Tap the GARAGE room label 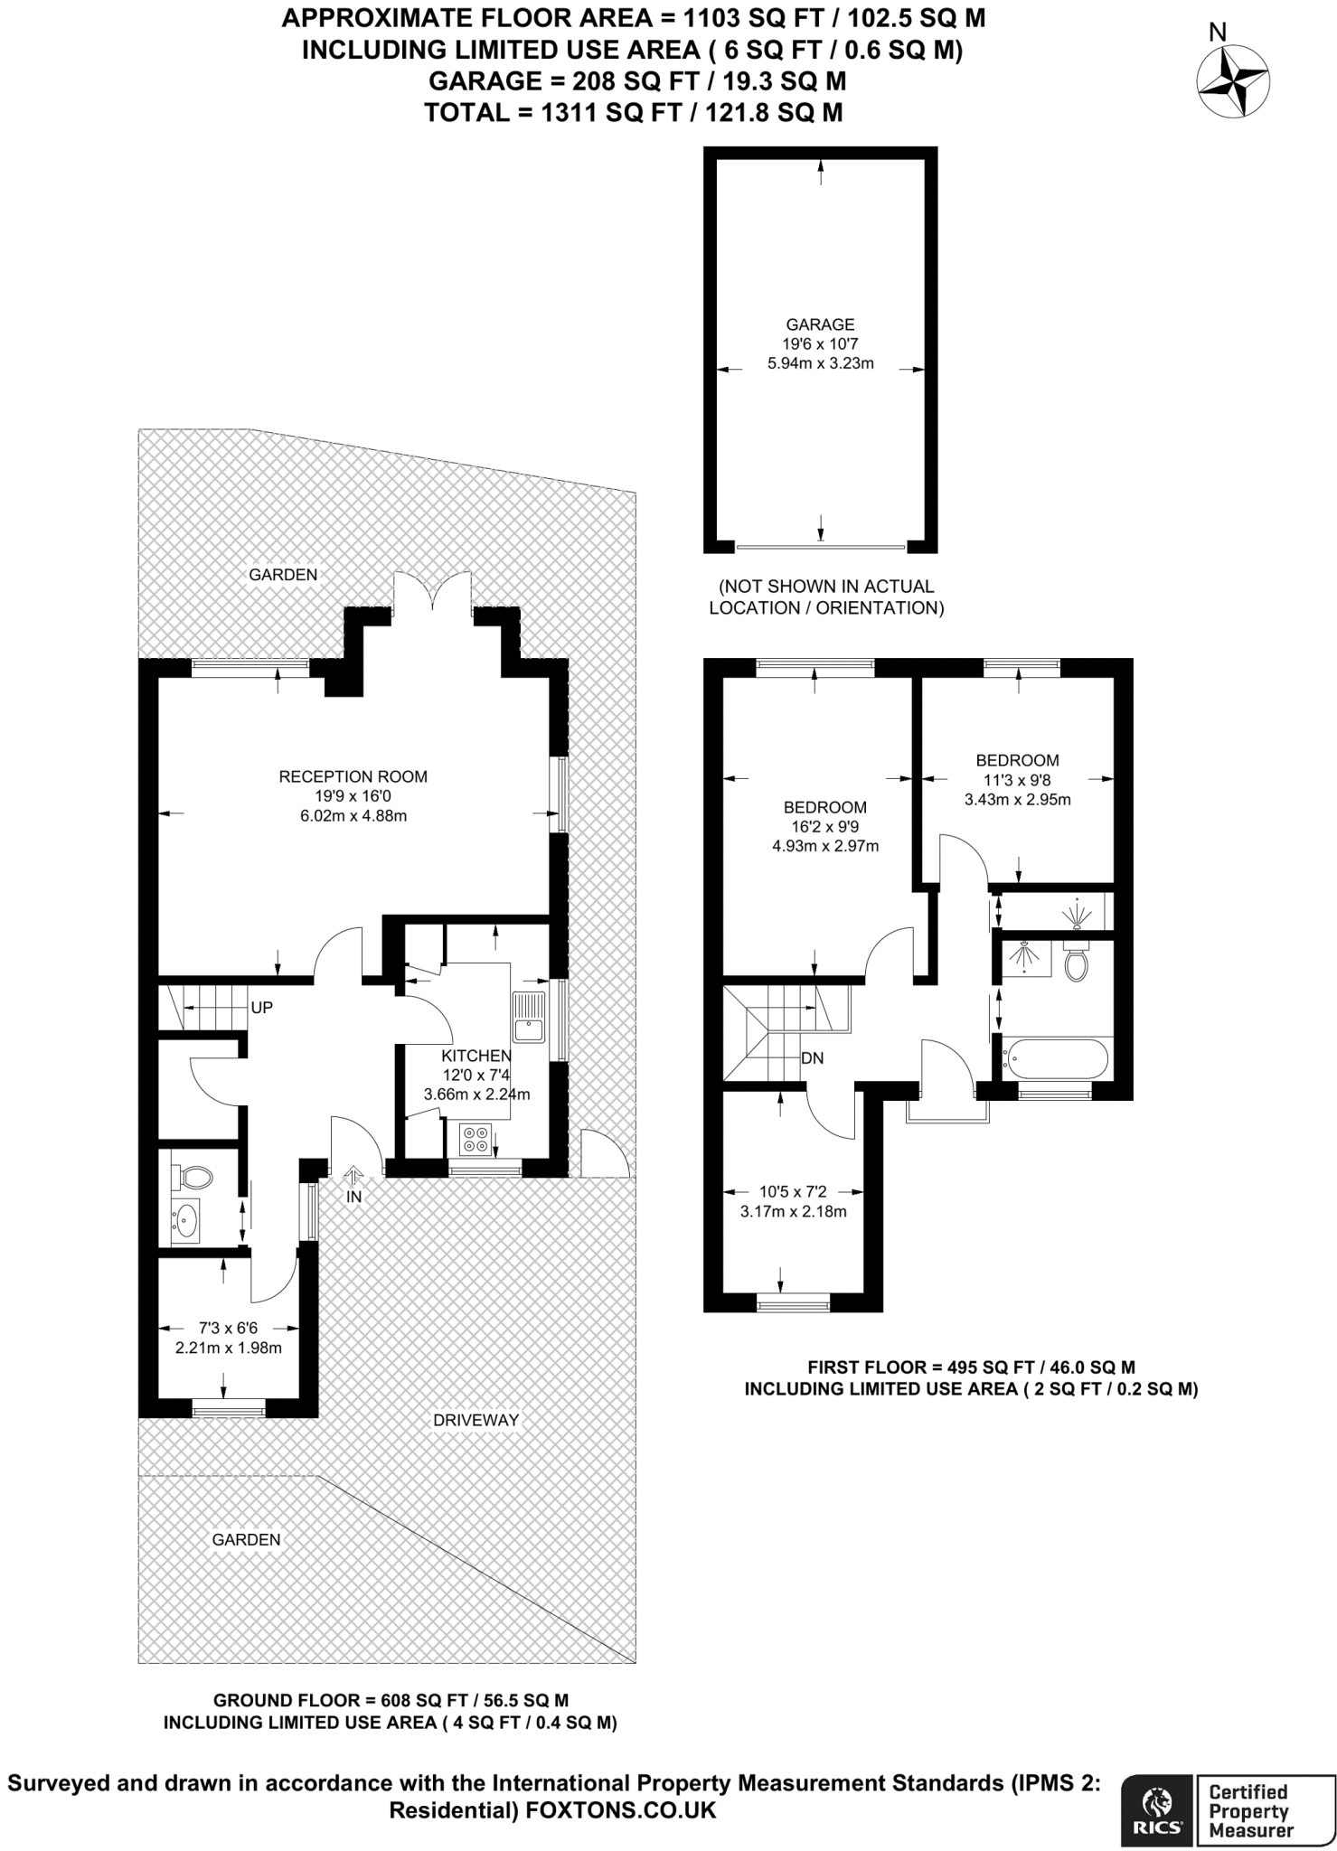click(x=820, y=324)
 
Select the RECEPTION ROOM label click(x=353, y=776)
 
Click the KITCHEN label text click(x=476, y=1056)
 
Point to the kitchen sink click(x=530, y=1017)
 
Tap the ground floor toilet click(x=191, y=1178)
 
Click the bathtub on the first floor click(x=1055, y=1058)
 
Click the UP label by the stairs click(x=261, y=1008)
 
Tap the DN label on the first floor click(x=812, y=1058)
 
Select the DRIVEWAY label click(x=475, y=1420)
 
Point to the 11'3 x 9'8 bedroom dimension click(x=1017, y=780)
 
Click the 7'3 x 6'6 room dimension click(x=229, y=1329)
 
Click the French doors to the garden click(x=432, y=593)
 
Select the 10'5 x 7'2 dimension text click(x=793, y=1192)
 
